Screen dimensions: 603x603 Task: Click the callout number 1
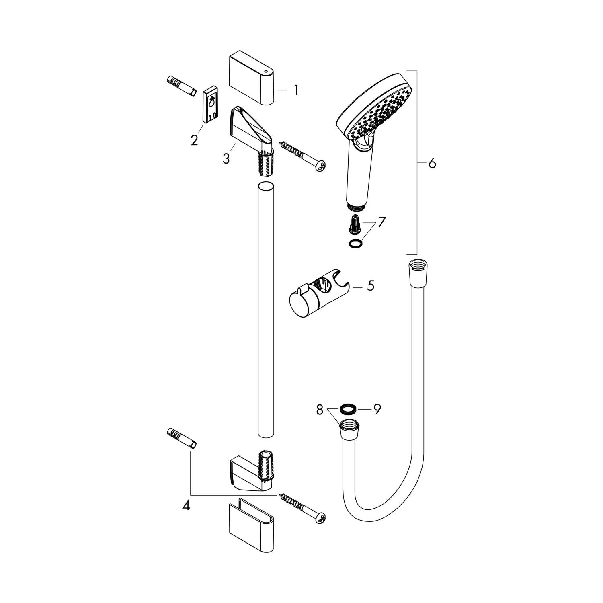tap(296, 90)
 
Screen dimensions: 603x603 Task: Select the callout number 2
tap(195, 140)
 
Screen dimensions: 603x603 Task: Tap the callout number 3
tap(226, 159)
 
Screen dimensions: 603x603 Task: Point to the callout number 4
tap(186, 505)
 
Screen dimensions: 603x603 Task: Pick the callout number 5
tap(370, 286)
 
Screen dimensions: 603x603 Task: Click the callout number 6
tap(432, 164)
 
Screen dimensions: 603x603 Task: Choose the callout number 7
tap(381, 222)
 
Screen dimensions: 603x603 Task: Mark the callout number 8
tap(320, 410)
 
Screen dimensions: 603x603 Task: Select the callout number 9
tap(377, 409)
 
